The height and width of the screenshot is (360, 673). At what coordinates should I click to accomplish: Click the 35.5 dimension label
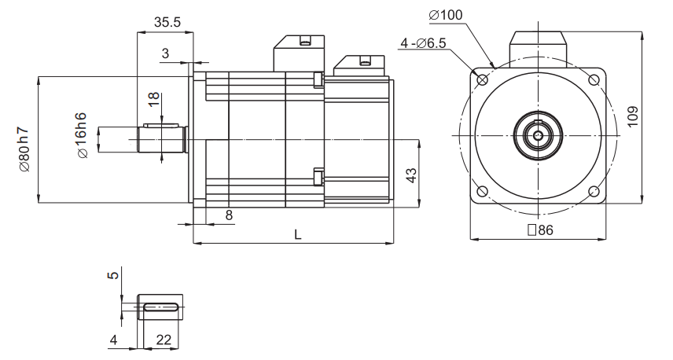167,22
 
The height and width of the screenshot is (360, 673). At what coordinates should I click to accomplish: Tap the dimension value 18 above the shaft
154,100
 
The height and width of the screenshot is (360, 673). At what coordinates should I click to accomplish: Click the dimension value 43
409,175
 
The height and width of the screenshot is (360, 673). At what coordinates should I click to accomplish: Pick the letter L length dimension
298,235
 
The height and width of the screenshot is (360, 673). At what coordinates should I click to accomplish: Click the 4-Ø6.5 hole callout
422,44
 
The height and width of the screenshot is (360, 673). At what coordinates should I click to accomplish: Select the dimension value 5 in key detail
113,276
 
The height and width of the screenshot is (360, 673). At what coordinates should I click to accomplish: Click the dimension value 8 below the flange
229,215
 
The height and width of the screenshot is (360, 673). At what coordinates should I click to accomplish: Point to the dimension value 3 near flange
165,53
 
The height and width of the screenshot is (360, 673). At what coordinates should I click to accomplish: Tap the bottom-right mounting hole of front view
594,192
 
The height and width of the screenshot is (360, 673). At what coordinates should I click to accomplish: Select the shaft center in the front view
538,135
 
